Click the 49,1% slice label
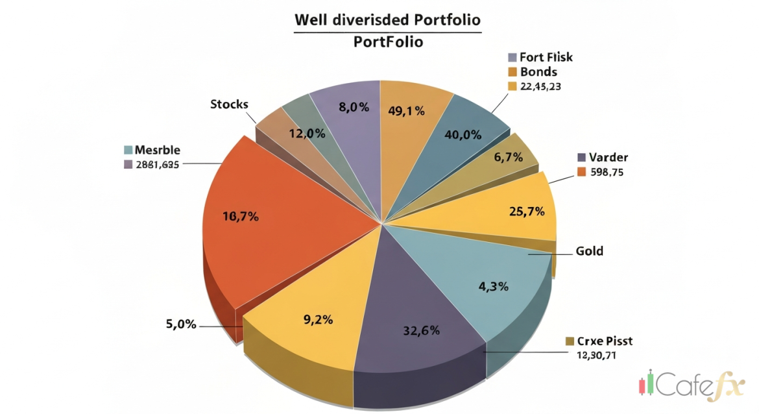coord(406,111)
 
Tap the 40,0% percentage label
coord(463,135)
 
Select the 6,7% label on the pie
coord(508,157)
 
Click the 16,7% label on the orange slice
coord(240,217)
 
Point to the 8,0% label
coord(354,107)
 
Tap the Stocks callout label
coord(229,104)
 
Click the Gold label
coord(589,250)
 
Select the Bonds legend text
coord(538,71)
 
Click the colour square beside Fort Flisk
coord(512,57)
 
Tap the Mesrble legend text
coord(158,149)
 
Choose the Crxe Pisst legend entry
coord(604,341)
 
